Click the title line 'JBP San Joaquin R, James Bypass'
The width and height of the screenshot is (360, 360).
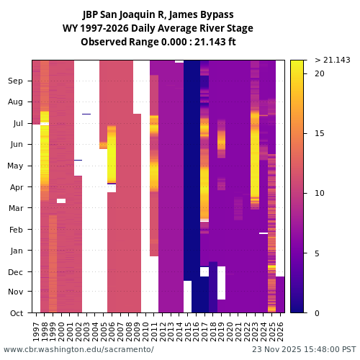[158, 14]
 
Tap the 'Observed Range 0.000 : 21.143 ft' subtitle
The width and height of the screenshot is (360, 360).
[158, 42]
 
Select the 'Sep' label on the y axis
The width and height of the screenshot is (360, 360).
[16, 81]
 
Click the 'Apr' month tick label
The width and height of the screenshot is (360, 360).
[17, 187]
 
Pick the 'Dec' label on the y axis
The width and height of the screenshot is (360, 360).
[16, 271]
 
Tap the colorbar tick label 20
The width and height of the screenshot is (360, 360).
[320, 73]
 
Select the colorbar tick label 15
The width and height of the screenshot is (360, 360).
[320, 133]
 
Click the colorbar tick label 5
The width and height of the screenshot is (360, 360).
[318, 253]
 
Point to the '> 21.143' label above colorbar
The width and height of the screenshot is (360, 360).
[333, 60]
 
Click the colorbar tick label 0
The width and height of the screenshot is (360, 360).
[318, 313]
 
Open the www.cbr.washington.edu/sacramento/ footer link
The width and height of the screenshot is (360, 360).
[78, 349]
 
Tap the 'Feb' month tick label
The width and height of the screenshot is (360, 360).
[16, 230]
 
